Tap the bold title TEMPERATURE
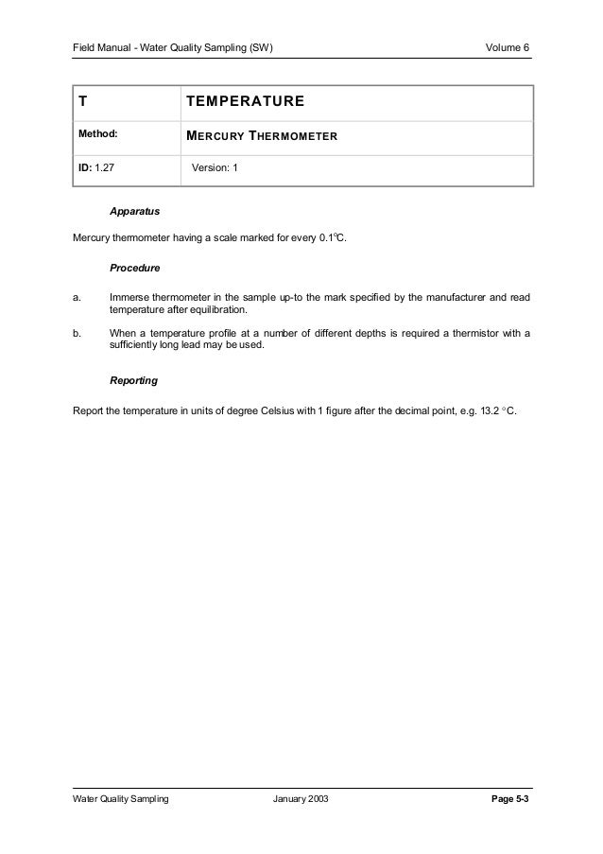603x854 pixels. (x=245, y=101)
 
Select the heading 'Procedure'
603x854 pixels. (x=134, y=268)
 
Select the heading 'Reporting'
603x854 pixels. (x=134, y=381)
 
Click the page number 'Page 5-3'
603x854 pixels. (x=509, y=800)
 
